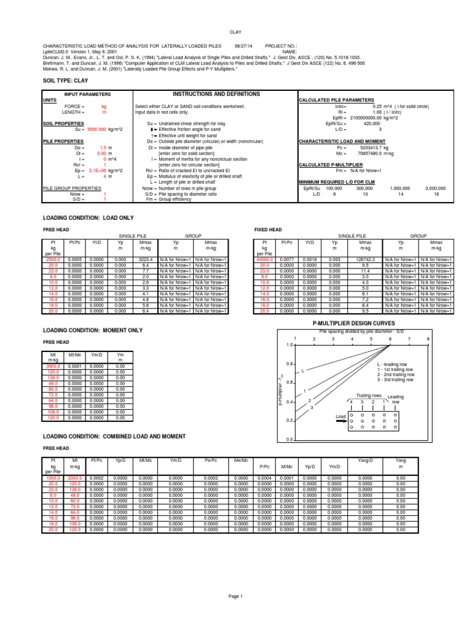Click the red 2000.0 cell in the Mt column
pos(74,477)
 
